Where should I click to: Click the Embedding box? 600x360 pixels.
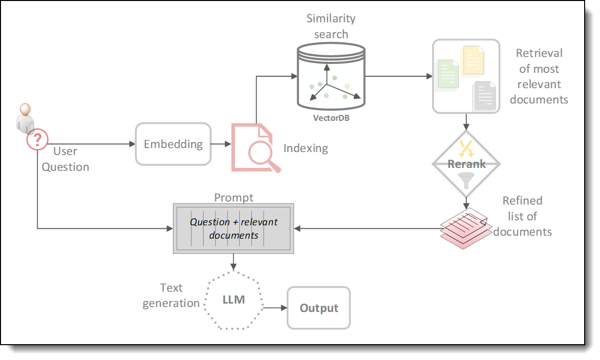(173, 144)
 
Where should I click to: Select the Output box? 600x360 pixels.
(319, 308)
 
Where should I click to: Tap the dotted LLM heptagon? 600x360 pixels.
(233, 300)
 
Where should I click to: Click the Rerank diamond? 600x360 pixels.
(466, 164)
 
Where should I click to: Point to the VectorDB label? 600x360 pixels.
(330, 118)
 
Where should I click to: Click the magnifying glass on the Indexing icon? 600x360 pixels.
(262, 155)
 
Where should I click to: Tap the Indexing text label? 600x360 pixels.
(305, 148)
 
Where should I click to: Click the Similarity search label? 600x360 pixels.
(330, 27)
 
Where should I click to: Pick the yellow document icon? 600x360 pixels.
(472, 61)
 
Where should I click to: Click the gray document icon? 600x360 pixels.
(485, 95)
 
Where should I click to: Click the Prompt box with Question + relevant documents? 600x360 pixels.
(233, 229)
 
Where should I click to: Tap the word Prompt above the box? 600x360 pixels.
(233, 198)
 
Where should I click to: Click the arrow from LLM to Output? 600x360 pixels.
(275, 308)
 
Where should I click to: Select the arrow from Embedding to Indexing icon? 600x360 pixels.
(221, 144)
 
